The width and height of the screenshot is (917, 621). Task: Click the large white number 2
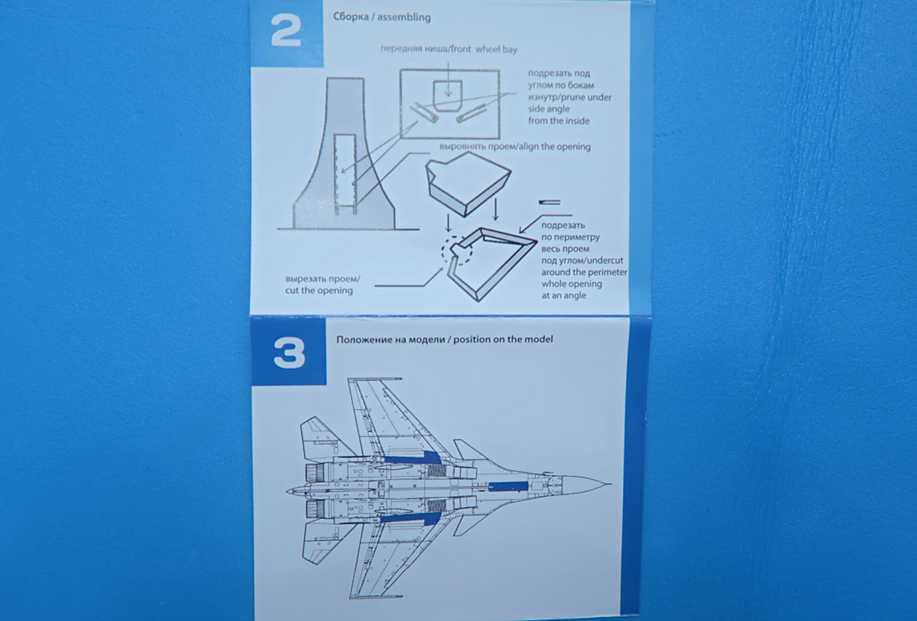coord(286,31)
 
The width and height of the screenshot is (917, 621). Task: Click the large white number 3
coord(289,353)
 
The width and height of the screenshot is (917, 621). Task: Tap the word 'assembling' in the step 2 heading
coord(403,17)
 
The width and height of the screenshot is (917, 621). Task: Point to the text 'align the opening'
coord(554,147)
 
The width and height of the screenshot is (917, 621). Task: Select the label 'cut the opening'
coord(318,290)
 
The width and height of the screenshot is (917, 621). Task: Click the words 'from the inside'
coord(559,121)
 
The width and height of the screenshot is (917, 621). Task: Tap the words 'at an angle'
coord(563,295)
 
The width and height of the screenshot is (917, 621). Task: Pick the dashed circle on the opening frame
coord(457,251)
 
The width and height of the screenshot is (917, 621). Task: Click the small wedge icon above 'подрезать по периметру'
coord(550,201)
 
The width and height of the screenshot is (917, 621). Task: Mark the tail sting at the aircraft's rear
coord(291,490)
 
